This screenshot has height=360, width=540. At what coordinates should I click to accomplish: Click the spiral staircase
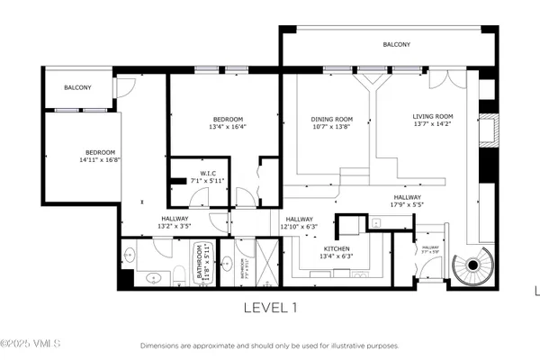[x=471, y=265]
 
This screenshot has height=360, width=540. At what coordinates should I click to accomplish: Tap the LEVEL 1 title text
[x=270, y=308]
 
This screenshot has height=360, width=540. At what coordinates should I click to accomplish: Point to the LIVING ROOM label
[x=433, y=116]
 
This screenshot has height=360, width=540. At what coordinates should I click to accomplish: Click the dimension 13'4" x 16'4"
[x=228, y=127]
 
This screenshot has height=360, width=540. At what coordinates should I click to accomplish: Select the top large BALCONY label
[x=397, y=44]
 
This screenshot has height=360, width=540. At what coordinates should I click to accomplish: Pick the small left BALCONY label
[x=80, y=88]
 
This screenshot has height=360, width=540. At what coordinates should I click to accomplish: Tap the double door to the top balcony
[x=441, y=79]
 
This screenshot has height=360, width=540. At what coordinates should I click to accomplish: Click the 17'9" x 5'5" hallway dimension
[x=408, y=204]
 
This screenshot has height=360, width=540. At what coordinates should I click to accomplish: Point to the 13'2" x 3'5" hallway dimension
[x=175, y=226]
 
